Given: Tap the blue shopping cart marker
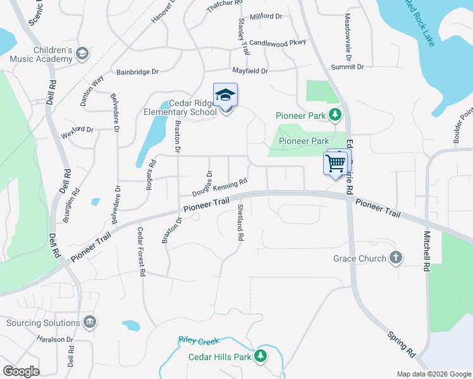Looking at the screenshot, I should click(x=335, y=164).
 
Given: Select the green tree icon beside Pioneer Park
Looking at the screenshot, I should click(x=335, y=115).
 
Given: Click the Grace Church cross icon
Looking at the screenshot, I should click(x=395, y=258).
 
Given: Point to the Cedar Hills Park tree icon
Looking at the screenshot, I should click(x=260, y=356).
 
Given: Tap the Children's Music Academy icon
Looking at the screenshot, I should click(x=82, y=54).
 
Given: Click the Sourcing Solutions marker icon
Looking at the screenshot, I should click(x=89, y=322).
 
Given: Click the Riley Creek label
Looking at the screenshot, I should click(x=199, y=341).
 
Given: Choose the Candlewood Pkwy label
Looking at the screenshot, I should click(x=278, y=42).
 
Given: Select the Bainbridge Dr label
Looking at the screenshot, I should click(x=137, y=72).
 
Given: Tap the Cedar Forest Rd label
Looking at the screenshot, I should click(x=142, y=251).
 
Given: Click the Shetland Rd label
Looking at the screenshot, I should click(x=240, y=223).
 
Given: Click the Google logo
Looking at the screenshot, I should click(x=21, y=371).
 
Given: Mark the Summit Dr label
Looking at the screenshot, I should click(x=347, y=66).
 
